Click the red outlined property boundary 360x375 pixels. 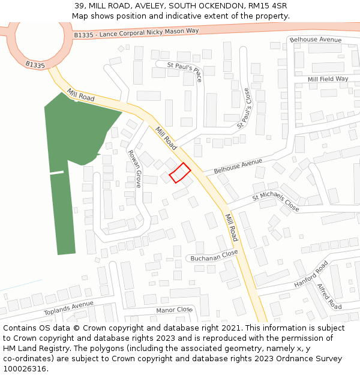[180, 172]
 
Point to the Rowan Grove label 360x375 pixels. [134, 169]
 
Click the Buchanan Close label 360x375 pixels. [214, 257]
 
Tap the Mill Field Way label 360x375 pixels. [328, 79]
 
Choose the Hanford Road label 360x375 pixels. [311, 274]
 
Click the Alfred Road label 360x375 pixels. [329, 296]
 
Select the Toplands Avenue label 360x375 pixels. [68, 309]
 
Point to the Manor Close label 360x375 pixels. [173, 310]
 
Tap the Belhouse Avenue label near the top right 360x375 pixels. [315, 40]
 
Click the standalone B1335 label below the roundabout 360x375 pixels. [35, 64]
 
